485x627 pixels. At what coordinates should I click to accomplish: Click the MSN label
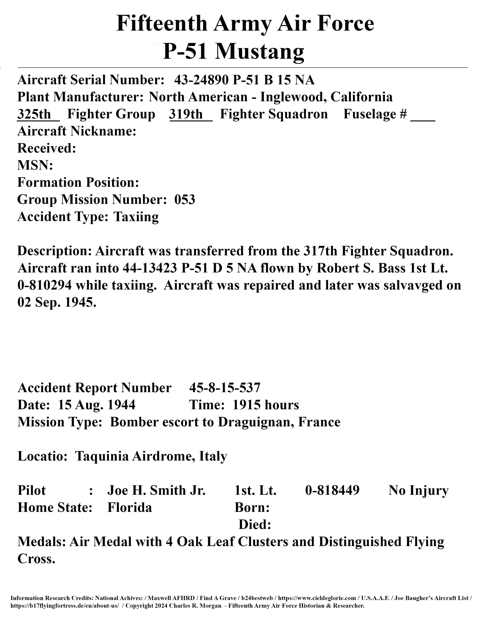pyautogui.click(x=35, y=166)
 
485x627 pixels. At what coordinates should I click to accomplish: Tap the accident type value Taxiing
pyautogui.click(x=136, y=217)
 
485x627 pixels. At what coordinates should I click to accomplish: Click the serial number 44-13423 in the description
pyautogui.click(x=149, y=268)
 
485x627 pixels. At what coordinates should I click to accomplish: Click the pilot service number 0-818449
pyautogui.click(x=332, y=491)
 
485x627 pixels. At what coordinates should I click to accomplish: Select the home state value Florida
pyautogui.click(x=130, y=507)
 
